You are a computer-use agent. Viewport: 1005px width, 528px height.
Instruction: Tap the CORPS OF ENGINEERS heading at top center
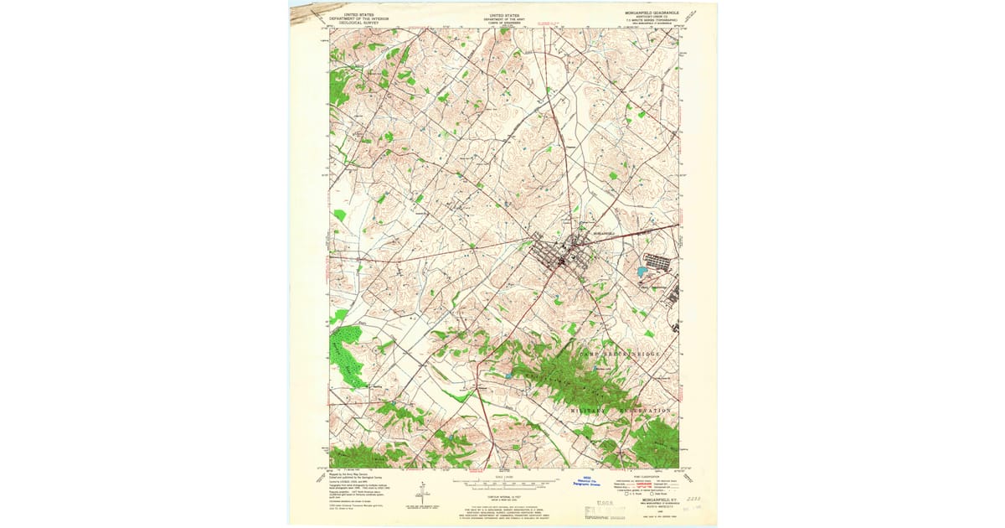(x=503, y=23)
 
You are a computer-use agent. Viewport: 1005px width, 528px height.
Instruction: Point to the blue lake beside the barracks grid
(x=641, y=272)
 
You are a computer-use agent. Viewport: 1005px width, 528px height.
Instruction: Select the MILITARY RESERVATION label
(x=621, y=412)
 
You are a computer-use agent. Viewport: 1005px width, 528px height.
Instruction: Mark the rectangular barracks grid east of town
(x=663, y=261)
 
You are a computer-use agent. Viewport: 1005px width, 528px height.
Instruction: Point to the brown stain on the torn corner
(x=308, y=11)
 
